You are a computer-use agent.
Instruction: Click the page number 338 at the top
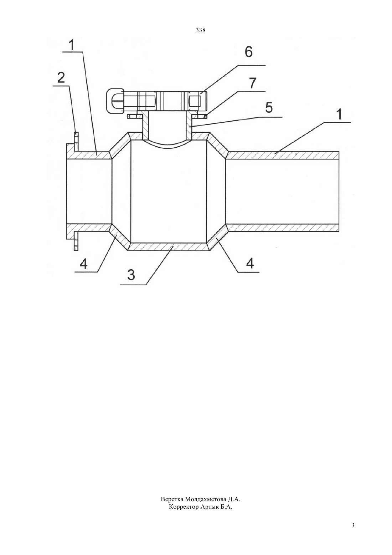(200, 30)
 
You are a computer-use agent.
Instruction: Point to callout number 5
(269, 108)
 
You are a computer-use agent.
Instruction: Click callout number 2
(61, 77)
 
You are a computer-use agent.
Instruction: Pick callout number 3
(131, 275)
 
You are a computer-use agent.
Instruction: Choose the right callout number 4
(250, 263)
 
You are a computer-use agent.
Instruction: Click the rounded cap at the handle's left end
(115, 101)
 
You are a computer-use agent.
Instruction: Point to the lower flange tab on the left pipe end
(76, 241)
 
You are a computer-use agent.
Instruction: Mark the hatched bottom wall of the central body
(168, 246)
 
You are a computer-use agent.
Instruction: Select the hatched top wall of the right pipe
(283, 155)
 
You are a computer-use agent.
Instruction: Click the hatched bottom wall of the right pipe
(283, 228)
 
